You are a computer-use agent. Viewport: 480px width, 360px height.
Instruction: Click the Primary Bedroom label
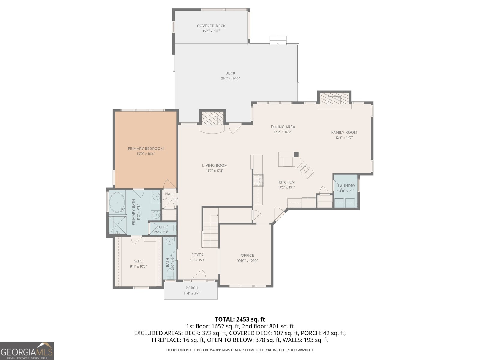pyautogui.click(x=146, y=148)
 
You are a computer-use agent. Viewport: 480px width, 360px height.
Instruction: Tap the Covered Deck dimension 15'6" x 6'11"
pyautogui.click(x=211, y=31)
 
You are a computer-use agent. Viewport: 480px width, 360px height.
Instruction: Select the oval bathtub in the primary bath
pyautogui.click(x=117, y=202)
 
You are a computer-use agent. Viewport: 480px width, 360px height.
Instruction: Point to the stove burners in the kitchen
pyautogui.click(x=259, y=180)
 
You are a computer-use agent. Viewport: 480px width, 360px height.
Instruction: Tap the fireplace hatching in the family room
pyautogui.click(x=334, y=98)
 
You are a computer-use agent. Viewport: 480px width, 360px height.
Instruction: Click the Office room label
pyautogui.click(x=247, y=256)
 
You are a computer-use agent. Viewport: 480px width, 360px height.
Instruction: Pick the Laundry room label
pyautogui.click(x=346, y=186)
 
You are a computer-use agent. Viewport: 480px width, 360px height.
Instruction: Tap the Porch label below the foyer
pyautogui.click(x=192, y=288)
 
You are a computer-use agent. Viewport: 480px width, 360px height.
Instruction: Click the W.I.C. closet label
pyautogui.click(x=138, y=261)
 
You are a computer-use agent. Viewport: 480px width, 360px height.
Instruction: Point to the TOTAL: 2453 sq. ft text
pyautogui.click(x=240, y=319)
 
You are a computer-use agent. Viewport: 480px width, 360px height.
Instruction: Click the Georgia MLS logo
pyautogui.click(x=27, y=351)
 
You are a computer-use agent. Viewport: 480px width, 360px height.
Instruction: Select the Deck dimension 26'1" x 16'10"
pyautogui.click(x=230, y=79)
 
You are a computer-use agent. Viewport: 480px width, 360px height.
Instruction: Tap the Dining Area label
pyautogui.click(x=283, y=127)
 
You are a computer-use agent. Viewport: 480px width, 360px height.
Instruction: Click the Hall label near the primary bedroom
pyautogui.click(x=170, y=194)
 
